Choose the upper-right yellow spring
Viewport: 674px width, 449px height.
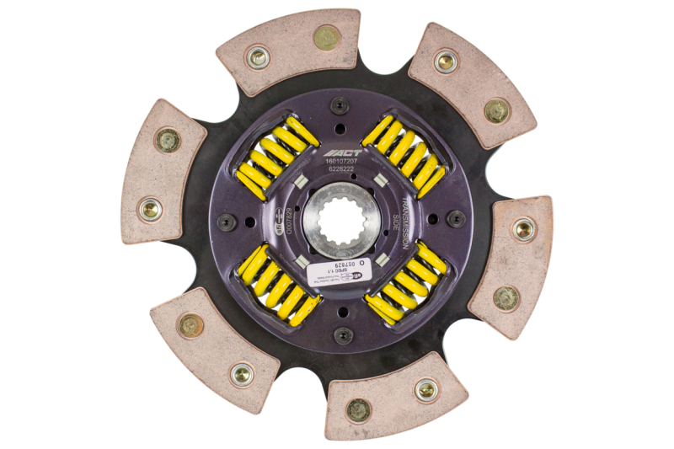(x=403, y=155)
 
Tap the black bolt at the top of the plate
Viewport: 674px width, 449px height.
(x=340, y=106)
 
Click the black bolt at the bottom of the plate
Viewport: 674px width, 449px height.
(x=343, y=334)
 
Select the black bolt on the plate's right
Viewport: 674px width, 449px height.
(x=456, y=218)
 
